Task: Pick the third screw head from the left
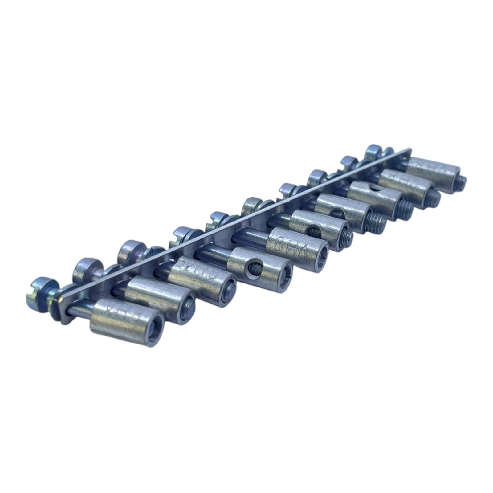[132, 249]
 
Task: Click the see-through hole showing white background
[373, 188]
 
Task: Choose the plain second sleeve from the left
[154, 290]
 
